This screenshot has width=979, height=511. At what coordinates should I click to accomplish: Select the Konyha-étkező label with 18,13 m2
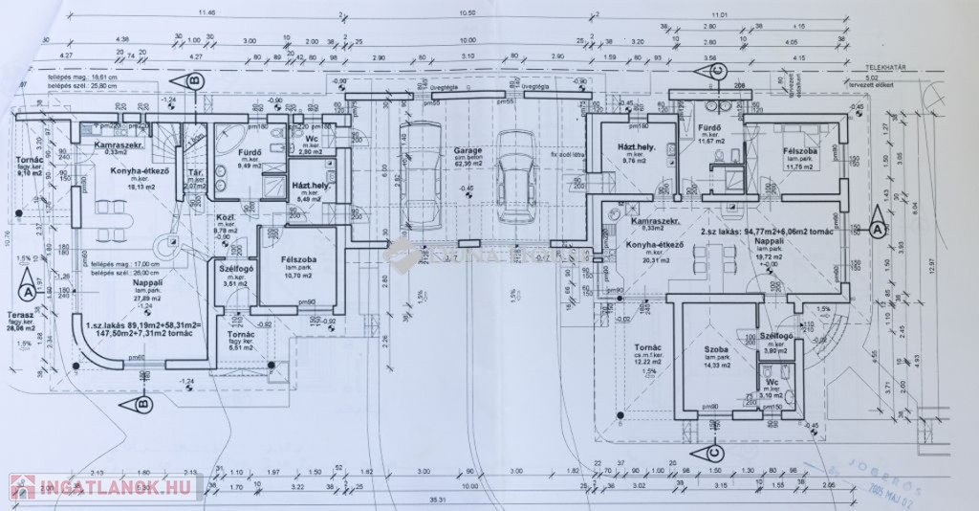tap(132, 169)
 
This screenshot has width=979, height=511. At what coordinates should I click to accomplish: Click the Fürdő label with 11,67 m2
tap(708, 127)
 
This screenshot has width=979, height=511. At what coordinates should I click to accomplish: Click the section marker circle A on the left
tap(29, 285)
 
